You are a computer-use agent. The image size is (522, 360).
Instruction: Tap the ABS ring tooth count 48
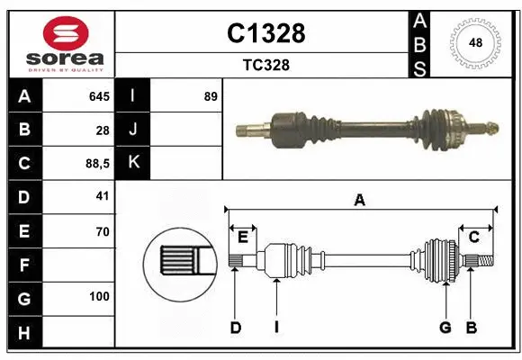[x=474, y=42]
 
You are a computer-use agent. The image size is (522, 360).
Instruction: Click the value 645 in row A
[x=98, y=96]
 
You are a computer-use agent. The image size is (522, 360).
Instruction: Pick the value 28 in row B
[x=102, y=130]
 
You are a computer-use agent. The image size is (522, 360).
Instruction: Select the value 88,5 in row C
[x=95, y=163]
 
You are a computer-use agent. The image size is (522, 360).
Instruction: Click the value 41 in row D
[x=102, y=196]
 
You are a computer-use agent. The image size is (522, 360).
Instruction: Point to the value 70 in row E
[x=102, y=230]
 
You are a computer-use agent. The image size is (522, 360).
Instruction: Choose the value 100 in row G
[x=99, y=296]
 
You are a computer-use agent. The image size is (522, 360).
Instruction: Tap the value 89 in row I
[x=211, y=96]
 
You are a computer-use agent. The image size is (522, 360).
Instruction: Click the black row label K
[x=133, y=163]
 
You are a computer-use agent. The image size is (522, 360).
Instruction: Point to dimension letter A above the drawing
[x=359, y=200]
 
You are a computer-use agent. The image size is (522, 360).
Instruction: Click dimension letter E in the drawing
[x=242, y=237]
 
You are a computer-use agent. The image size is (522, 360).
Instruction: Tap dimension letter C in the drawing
[x=473, y=237]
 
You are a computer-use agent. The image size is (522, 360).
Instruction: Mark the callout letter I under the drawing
[x=277, y=328]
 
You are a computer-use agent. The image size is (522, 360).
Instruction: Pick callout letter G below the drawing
[x=445, y=328]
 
